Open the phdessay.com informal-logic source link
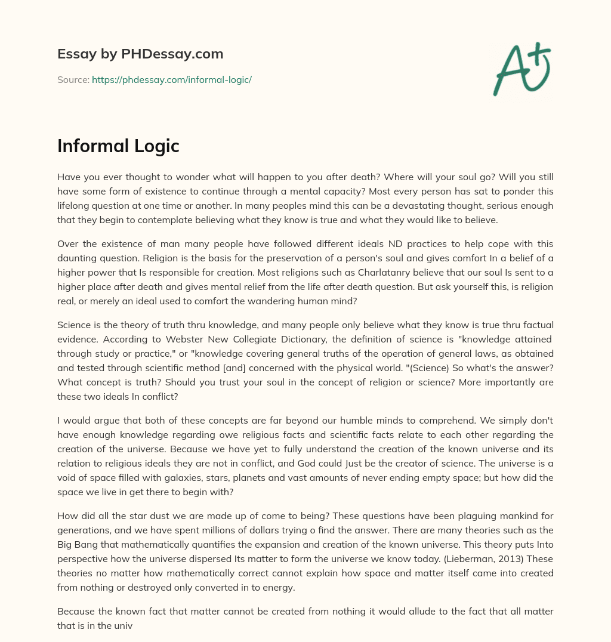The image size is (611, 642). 171,79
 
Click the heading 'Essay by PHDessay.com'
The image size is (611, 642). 140,54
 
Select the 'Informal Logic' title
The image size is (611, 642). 118,146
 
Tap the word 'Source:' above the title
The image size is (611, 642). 73,79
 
